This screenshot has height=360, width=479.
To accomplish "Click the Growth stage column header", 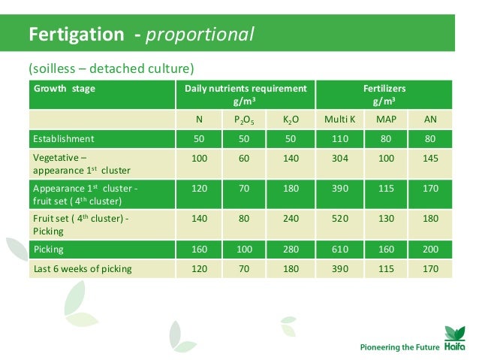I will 63,89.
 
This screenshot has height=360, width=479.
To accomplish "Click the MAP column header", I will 386,119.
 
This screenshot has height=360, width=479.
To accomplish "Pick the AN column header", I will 430,119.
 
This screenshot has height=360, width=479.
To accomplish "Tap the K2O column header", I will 291,119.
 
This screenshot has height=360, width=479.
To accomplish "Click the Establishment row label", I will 62,139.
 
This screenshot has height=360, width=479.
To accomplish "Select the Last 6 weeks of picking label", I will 82,268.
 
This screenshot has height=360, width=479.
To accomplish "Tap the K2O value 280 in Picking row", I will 291,249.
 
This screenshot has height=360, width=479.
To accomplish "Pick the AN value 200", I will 430,249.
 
